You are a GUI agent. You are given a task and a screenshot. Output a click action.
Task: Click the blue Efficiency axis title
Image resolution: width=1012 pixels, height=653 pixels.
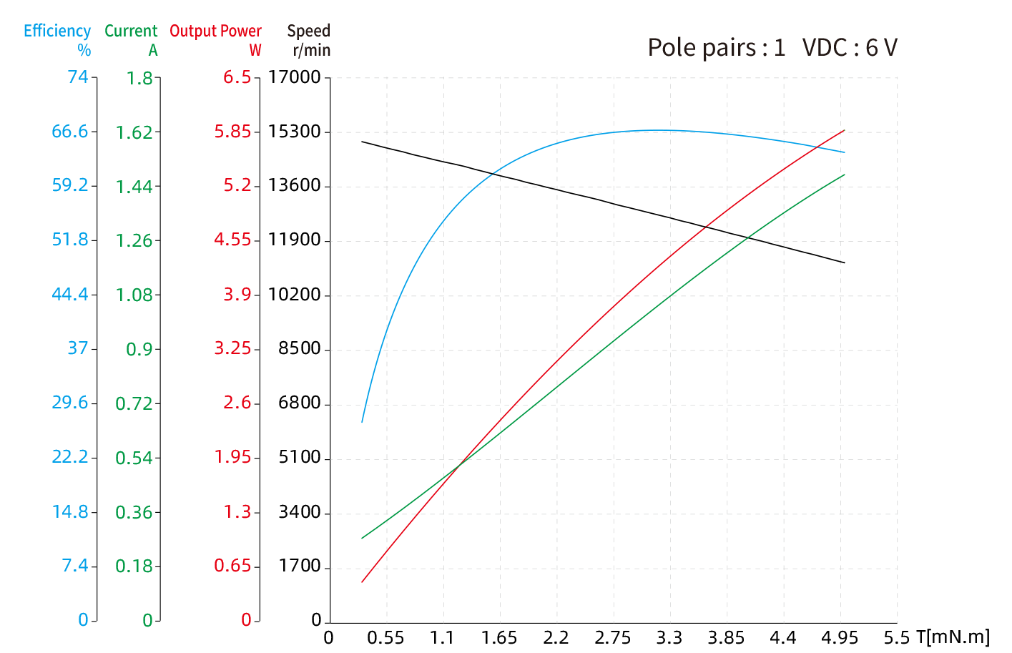pyautogui.click(x=57, y=31)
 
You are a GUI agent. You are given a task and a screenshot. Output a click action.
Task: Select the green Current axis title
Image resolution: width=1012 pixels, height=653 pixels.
pyautogui.click(x=131, y=31)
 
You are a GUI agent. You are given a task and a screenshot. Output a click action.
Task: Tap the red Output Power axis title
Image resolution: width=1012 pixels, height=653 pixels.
pyautogui.click(x=215, y=31)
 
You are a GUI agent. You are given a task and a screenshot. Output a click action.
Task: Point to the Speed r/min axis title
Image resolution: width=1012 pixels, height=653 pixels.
pyautogui.click(x=309, y=40)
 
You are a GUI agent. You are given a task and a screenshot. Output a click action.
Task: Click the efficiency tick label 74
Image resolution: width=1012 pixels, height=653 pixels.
pyautogui.click(x=78, y=77)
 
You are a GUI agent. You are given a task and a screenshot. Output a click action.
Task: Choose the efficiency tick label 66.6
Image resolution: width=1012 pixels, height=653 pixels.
pyautogui.click(x=70, y=132)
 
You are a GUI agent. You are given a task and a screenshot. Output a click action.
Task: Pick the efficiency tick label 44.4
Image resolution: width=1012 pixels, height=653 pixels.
pyautogui.click(x=70, y=294)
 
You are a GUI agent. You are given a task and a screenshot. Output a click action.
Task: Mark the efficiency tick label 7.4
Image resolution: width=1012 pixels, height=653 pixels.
pyautogui.click(x=75, y=566)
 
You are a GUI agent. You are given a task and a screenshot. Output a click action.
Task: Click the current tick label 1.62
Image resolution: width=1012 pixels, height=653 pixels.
pyautogui.click(x=134, y=132)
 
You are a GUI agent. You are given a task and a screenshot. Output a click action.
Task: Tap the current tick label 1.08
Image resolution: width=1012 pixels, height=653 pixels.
pyautogui.click(x=134, y=295)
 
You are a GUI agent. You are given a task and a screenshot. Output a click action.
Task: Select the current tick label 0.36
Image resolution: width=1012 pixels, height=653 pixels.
pyautogui.click(x=134, y=512)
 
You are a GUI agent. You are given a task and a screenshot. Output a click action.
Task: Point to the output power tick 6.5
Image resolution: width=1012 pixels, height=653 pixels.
pyautogui.click(x=237, y=77)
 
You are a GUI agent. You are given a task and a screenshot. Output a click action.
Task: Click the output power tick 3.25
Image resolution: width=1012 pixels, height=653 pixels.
pyautogui.click(x=232, y=348)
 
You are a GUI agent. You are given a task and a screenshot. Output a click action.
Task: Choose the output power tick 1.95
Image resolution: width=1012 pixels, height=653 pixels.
pyautogui.click(x=232, y=457)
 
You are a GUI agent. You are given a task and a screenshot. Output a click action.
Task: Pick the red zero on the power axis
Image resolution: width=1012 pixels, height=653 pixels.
pyautogui.click(x=246, y=620)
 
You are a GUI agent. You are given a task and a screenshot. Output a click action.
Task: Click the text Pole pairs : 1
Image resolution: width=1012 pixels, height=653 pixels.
pyautogui.click(x=716, y=48)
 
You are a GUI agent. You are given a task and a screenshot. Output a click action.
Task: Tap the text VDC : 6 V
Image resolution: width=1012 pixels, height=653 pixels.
pyautogui.click(x=850, y=48)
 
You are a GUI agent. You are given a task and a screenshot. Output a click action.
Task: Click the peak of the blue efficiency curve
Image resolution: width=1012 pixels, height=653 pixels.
pyautogui.click(x=651, y=130)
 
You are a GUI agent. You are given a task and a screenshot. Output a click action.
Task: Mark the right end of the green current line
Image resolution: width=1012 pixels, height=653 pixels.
pyautogui.click(x=845, y=175)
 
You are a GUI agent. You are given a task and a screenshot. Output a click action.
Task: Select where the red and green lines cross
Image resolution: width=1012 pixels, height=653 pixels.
pyautogui.click(x=461, y=462)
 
